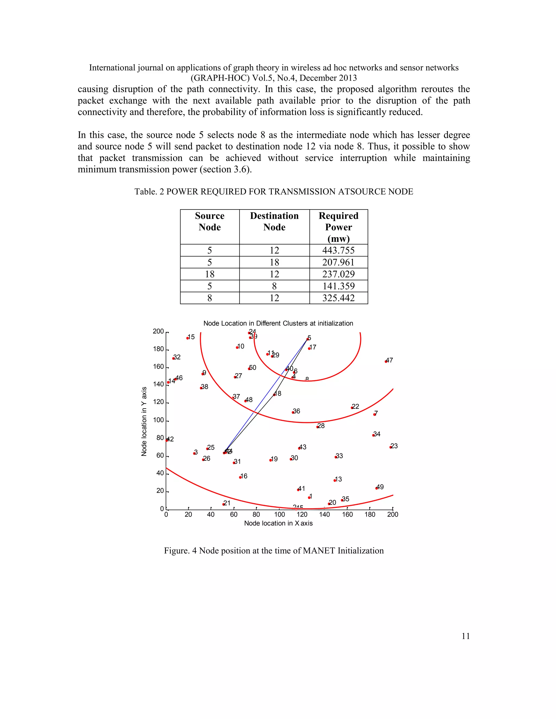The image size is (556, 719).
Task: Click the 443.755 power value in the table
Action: point(338,250)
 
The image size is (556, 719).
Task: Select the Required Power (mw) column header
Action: point(338,227)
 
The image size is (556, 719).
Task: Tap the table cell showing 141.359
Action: point(338,286)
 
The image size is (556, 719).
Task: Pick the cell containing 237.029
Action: point(338,274)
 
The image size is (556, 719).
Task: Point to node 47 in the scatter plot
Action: point(386,361)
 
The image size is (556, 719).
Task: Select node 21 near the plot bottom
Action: point(224,504)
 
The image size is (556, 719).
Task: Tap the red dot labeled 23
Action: point(391,447)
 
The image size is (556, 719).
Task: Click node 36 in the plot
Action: point(293,412)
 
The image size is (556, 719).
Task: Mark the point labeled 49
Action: point(377,488)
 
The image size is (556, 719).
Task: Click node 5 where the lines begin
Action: point(308,339)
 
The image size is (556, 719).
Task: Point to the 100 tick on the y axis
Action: point(159,420)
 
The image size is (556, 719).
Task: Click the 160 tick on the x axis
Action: point(347,514)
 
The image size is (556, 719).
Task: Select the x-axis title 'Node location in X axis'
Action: point(278,523)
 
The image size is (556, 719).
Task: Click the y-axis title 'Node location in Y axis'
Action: point(144,421)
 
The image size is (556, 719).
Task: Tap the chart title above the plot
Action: point(278,323)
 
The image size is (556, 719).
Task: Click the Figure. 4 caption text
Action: point(274,551)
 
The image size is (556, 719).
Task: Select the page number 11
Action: point(465,636)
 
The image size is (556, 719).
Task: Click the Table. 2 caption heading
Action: point(273,192)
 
